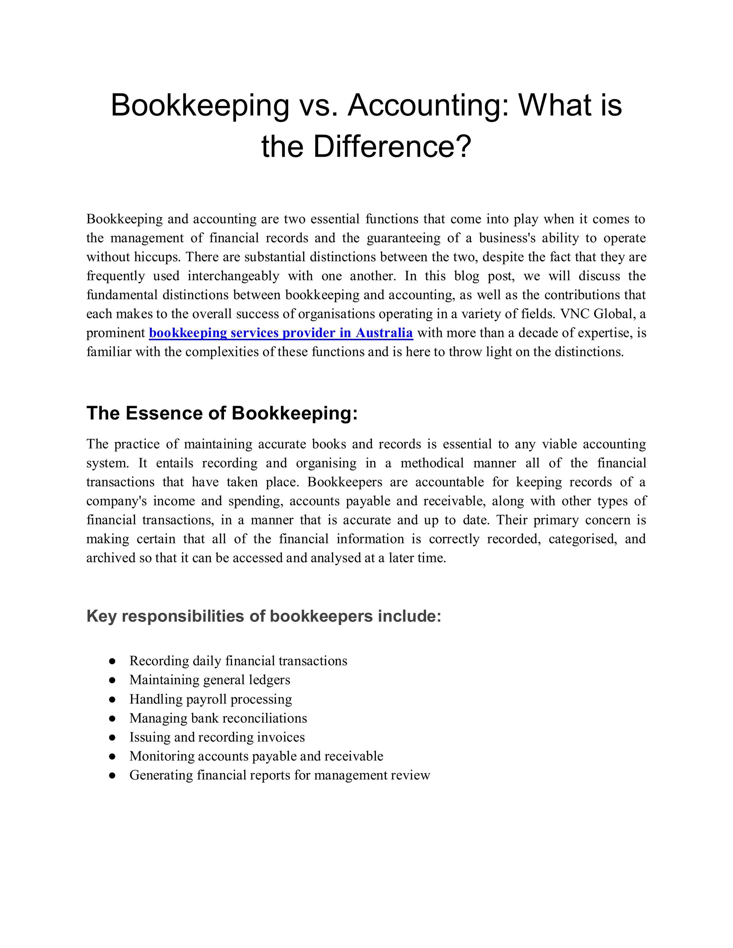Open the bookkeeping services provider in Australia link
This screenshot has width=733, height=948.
click(281, 333)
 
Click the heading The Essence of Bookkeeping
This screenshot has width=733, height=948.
click(222, 413)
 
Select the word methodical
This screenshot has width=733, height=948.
click(432, 463)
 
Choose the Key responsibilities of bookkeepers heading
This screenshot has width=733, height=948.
click(263, 616)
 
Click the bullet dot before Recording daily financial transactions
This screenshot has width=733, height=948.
click(112, 661)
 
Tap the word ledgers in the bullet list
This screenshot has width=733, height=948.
click(269, 680)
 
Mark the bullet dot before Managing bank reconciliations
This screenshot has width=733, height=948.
click(112, 718)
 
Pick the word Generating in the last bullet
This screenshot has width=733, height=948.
click(161, 775)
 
